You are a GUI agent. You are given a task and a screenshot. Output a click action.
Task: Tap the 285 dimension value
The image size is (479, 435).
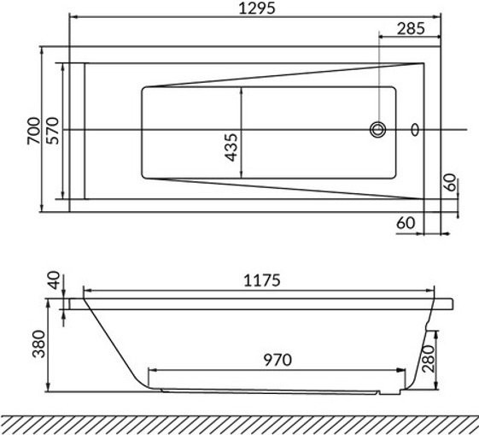pos(411,28)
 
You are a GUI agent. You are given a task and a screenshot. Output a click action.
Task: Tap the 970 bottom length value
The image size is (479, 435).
pos(277,360)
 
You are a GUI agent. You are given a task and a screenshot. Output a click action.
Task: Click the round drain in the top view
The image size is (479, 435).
pos(377,130)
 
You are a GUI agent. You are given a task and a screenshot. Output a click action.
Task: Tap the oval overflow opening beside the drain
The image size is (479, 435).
pos(415,130)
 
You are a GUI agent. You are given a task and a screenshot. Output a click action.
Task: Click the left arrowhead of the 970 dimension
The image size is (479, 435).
pos(152,370)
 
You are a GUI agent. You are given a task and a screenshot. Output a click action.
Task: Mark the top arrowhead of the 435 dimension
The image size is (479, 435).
pos(242,88)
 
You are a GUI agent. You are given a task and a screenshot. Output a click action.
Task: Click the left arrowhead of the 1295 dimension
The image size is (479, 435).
pos(71,17)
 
